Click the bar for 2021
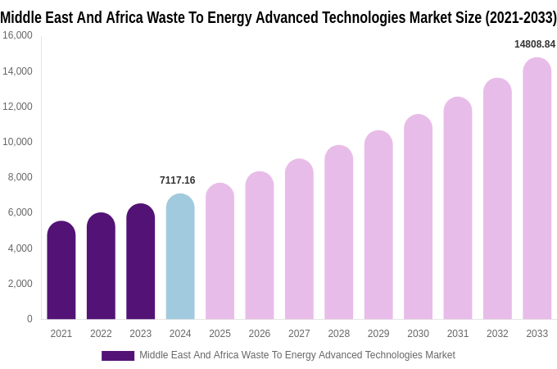(61, 271)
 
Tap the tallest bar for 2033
(537, 189)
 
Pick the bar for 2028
(338, 233)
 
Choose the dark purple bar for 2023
(141, 262)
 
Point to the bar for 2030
(418, 217)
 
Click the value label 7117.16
(178, 180)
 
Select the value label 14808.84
(534, 44)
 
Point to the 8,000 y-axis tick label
(20, 177)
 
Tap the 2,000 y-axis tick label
(20, 284)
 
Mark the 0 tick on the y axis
(29, 319)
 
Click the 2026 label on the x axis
(260, 334)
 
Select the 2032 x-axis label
(497, 334)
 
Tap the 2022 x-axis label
(101, 334)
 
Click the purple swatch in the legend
(118, 356)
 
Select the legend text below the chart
(297, 355)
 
